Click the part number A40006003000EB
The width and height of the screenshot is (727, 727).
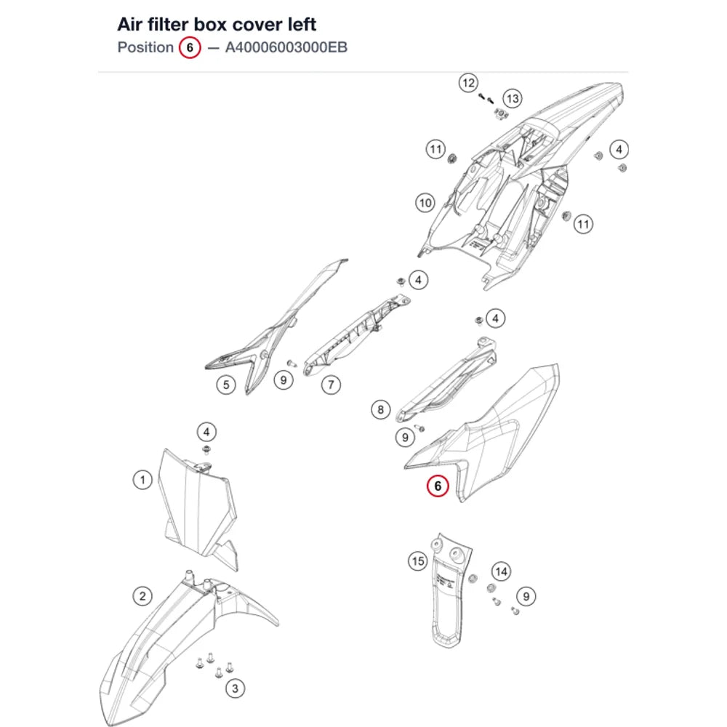click(x=286, y=47)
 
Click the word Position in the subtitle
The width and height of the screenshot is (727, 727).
click(x=145, y=47)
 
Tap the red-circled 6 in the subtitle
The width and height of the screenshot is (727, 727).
click(x=190, y=47)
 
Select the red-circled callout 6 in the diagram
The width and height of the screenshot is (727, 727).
click(x=438, y=486)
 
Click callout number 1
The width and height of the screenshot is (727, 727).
click(x=142, y=479)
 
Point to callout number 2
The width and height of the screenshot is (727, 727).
click(x=142, y=596)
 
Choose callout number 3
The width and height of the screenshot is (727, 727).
click(x=235, y=688)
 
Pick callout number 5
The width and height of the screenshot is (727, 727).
click(x=226, y=385)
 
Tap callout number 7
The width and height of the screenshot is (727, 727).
click(x=331, y=385)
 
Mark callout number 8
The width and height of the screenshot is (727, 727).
click(x=381, y=409)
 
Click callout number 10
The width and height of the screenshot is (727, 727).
click(x=425, y=203)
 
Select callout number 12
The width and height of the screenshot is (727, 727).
click(x=468, y=83)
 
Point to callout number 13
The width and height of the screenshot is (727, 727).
click(x=513, y=98)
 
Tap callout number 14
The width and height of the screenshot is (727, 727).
click(x=501, y=571)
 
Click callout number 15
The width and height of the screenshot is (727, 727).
click(x=418, y=561)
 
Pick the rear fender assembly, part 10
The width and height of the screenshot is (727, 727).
click(x=519, y=185)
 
